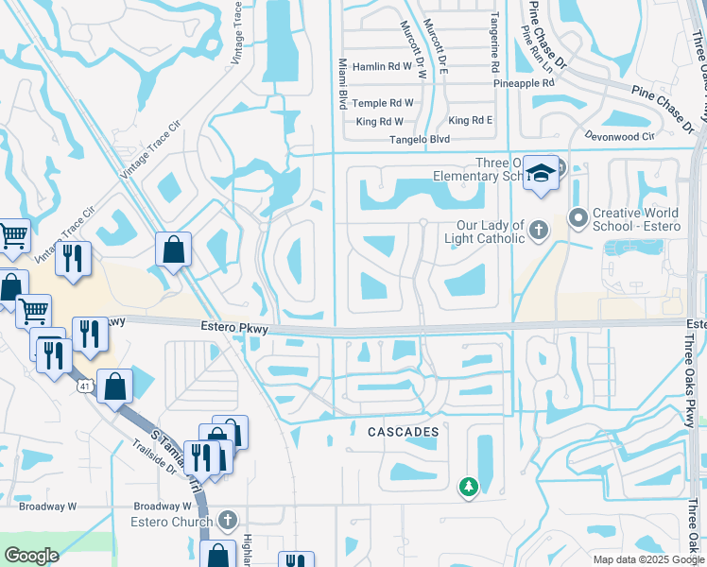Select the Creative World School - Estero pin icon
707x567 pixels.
coord(578,218)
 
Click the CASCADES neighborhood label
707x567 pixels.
coord(403,432)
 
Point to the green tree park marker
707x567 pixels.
coord(468,487)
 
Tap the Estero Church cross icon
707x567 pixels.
coord(228,519)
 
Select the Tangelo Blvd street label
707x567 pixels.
coord(420,139)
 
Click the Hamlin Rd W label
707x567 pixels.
coord(383,67)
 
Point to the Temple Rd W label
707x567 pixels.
coord(385,102)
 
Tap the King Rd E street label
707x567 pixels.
coord(471,120)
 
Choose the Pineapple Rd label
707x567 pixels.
coord(524,83)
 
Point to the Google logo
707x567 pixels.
coord(31,556)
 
